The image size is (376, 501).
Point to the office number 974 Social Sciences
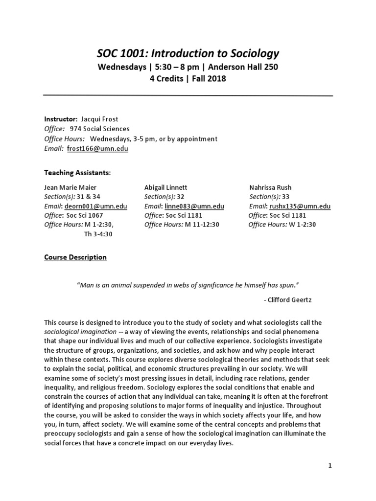click(100, 129)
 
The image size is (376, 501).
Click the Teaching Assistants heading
click(77, 173)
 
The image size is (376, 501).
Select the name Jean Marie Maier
click(71, 187)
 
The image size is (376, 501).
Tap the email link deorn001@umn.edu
click(96, 206)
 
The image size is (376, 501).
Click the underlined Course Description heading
click(75, 257)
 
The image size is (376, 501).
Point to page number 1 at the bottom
click(330, 465)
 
